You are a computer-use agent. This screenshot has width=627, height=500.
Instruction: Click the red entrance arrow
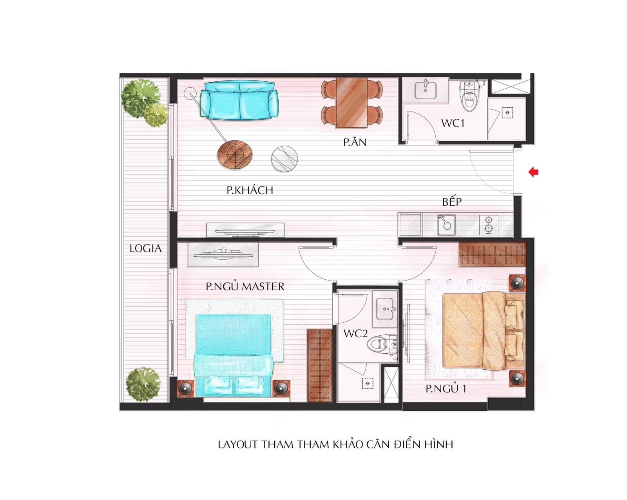(533, 172)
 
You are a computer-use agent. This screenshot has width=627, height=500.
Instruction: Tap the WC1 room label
(453, 123)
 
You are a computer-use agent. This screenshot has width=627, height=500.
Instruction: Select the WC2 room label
(355, 334)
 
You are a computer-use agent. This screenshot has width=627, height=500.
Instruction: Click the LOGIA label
(145, 248)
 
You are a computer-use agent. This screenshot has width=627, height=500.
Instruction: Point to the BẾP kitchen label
(452, 201)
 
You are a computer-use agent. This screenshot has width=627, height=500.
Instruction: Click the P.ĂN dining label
(355, 142)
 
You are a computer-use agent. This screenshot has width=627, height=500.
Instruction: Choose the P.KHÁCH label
(250, 190)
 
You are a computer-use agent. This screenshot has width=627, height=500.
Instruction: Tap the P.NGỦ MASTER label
(245, 286)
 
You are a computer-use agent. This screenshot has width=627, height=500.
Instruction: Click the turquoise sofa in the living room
(239, 100)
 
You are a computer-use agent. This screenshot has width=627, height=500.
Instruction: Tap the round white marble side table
(285, 159)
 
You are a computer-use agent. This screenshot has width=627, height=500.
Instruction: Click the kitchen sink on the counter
(446, 225)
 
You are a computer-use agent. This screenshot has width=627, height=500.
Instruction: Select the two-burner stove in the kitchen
(489, 225)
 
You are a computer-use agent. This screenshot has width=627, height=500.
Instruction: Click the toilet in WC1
(470, 96)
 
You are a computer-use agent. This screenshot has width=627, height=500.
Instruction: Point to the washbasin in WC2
(385, 309)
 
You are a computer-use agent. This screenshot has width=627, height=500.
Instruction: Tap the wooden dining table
(352, 103)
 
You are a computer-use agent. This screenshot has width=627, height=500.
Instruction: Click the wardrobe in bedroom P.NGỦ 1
(492, 254)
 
